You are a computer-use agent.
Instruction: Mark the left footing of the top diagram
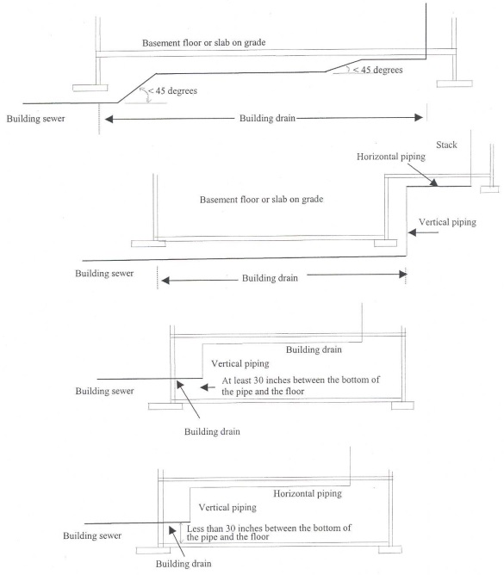(90, 86)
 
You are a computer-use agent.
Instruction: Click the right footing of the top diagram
(454, 83)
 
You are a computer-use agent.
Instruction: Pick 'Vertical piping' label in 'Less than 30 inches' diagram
(227, 508)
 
